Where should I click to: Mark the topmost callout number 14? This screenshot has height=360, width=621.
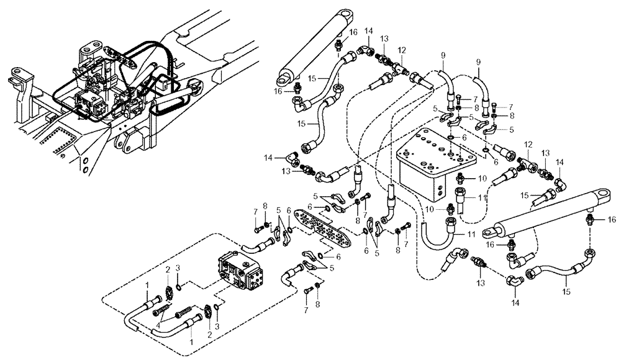tap(368, 30)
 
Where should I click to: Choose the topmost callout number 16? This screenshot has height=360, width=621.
tap(353, 32)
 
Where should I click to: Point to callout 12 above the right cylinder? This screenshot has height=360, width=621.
tap(529, 145)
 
